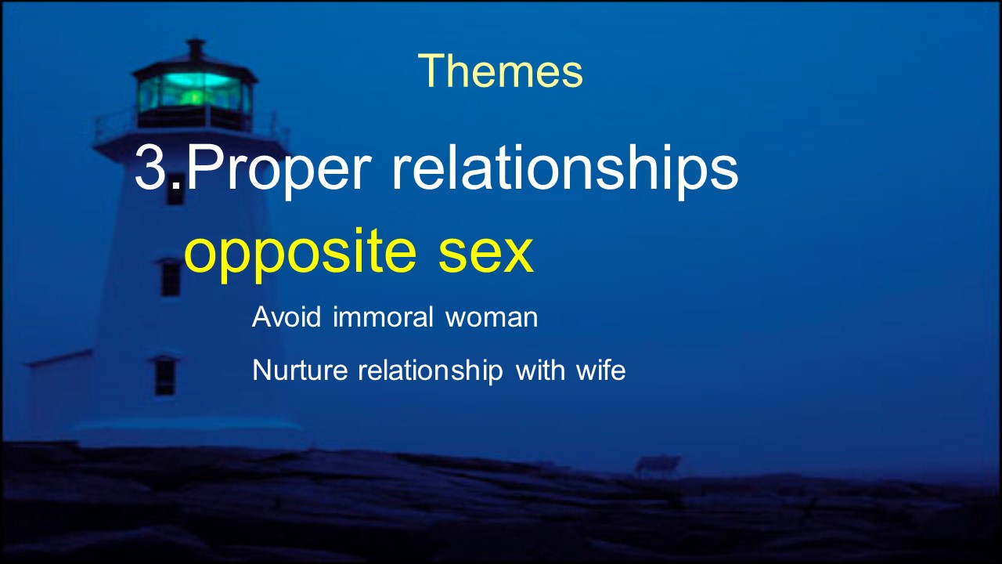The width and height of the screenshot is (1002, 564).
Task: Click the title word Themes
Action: point(500,70)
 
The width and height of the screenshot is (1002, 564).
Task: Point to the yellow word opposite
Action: point(300,254)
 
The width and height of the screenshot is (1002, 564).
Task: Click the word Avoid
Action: point(287,316)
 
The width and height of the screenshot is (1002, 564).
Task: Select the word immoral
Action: point(383,316)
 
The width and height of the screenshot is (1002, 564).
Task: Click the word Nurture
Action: point(300,370)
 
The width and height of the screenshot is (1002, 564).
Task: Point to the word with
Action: point(540,370)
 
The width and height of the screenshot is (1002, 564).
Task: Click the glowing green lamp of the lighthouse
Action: point(193,92)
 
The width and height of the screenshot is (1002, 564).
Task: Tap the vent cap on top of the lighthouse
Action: point(195,49)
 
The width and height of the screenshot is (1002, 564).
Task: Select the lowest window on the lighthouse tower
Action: point(164,375)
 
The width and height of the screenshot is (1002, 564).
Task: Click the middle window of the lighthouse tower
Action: point(171,277)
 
